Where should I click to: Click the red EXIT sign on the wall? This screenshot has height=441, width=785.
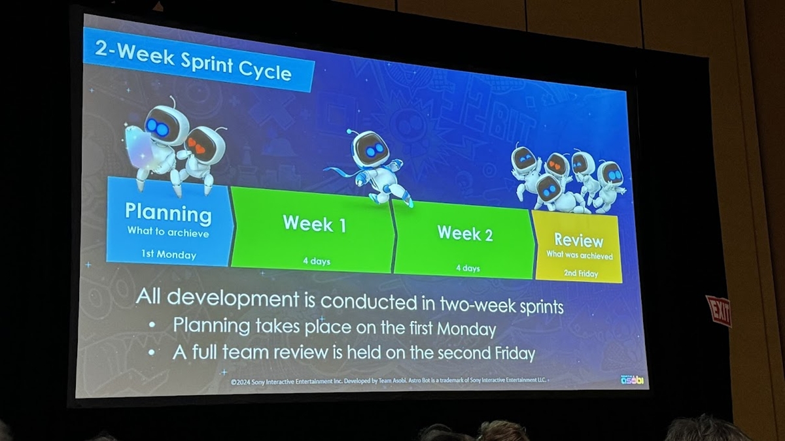pyautogui.click(x=719, y=311)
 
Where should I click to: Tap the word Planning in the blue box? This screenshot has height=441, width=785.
pyautogui.click(x=168, y=213)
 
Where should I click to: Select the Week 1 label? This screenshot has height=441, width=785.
pyautogui.click(x=315, y=223)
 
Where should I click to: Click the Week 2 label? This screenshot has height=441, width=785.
pyautogui.click(x=465, y=233)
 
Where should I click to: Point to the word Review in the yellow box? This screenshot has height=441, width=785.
pyautogui.click(x=578, y=240)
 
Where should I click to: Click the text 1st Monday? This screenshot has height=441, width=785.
pyautogui.click(x=169, y=254)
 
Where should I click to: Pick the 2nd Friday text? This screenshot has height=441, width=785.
pyautogui.click(x=581, y=273)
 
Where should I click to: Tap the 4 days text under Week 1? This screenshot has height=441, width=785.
pyautogui.click(x=317, y=261)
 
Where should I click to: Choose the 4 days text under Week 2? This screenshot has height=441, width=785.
pyautogui.click(x=468, y=269)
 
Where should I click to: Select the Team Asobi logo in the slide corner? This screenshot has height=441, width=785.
pyautogui.click(x=632, y=380)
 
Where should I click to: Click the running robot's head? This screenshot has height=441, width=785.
pyautogui.click(x=370, y=148)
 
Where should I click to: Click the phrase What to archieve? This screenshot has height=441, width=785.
pyautogui.click(x=168, y=233)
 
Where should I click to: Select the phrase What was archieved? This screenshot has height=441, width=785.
pyautogui.click(x=580, y=255)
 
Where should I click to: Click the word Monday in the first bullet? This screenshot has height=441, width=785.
pyautogui.click(x=466, y=329)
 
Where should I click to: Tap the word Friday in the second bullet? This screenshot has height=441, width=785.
pyautogui.click(x=515, y=353)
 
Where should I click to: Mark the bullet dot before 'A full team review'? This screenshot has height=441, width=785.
pyautogui.click(x=152, y=352)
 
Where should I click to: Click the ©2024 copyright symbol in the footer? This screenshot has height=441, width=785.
pyautogui.click(x=234, y=382)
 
